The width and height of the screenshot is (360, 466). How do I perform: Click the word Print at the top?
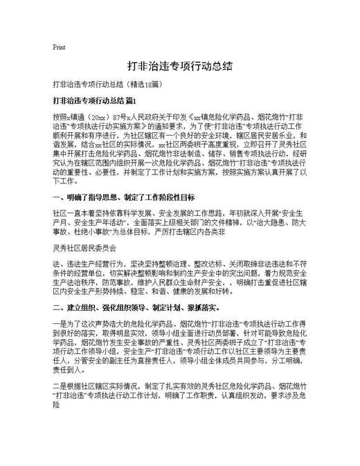pos(59,48)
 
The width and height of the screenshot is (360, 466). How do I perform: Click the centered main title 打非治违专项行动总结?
pos(179,67)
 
